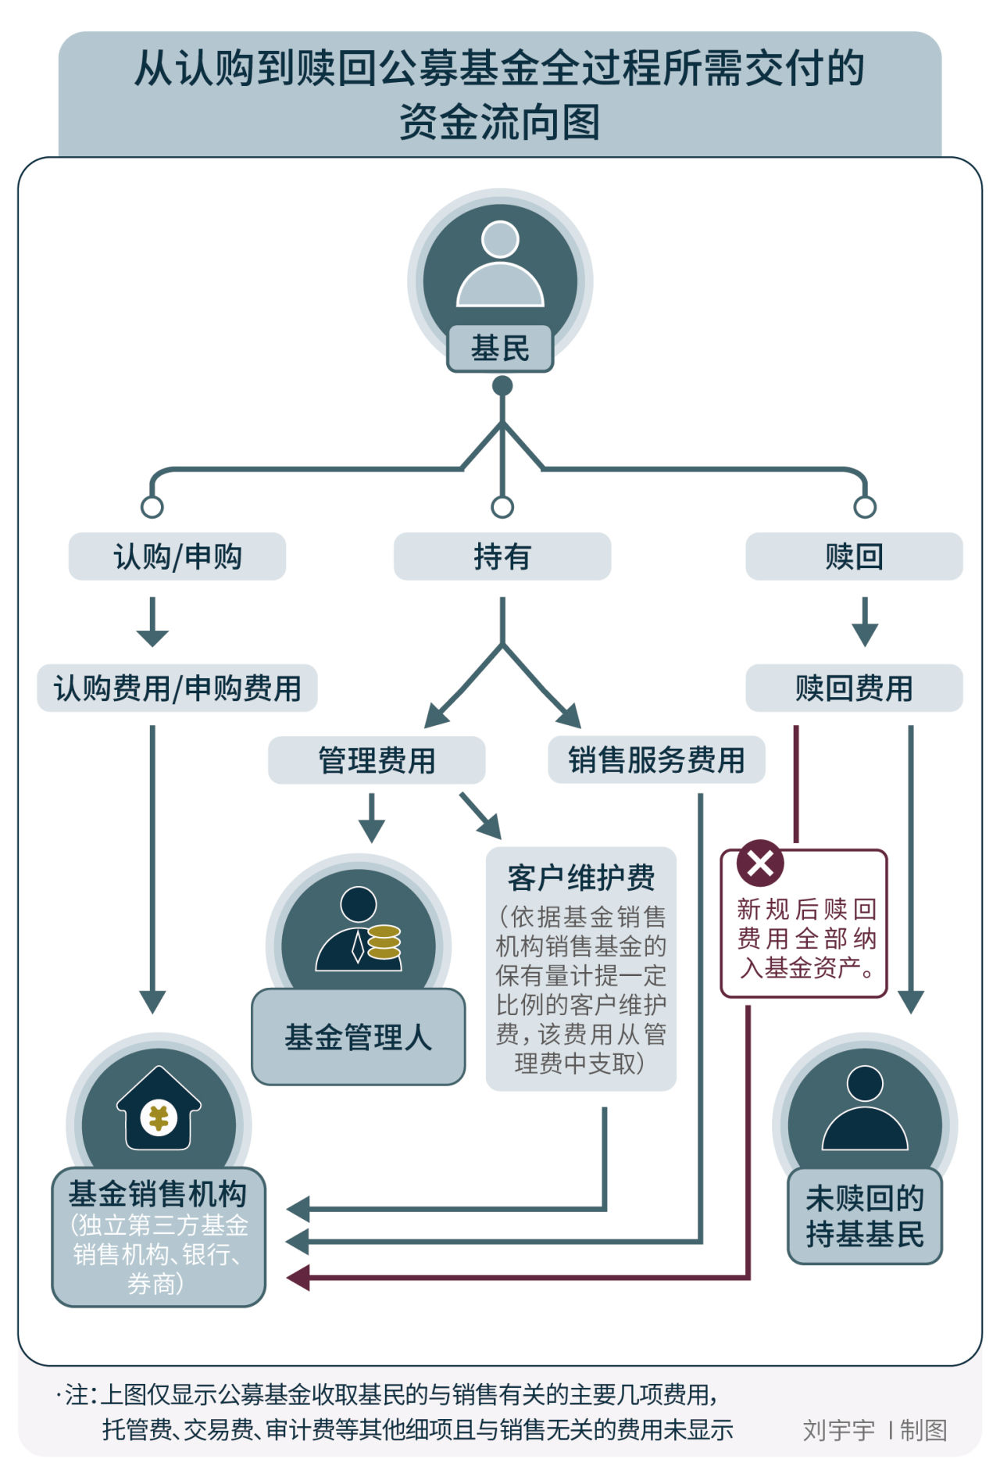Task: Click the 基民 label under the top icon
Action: click(500, 349)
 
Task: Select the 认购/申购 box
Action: click(177, 556)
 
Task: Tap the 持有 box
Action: click(502, 556)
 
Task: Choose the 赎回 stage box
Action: click(854, 556)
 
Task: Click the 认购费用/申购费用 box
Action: click(177, 688)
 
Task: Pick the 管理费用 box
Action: click(377, 760)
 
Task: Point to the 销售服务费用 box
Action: click(656, 760)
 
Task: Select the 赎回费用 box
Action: click(854, 688)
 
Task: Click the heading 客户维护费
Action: click(580, 878)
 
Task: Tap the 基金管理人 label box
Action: click(358, 1037)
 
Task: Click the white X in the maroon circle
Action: click(759, 864)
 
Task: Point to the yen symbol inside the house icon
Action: click(159, 1118)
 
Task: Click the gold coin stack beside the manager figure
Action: click(384, 942)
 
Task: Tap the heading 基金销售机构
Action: click(158, 1193)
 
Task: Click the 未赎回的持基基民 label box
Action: click(865, 1216)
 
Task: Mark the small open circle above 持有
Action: click(502, 507)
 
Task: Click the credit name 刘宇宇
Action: click(838, 1430)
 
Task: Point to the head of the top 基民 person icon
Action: click(500, 239)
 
